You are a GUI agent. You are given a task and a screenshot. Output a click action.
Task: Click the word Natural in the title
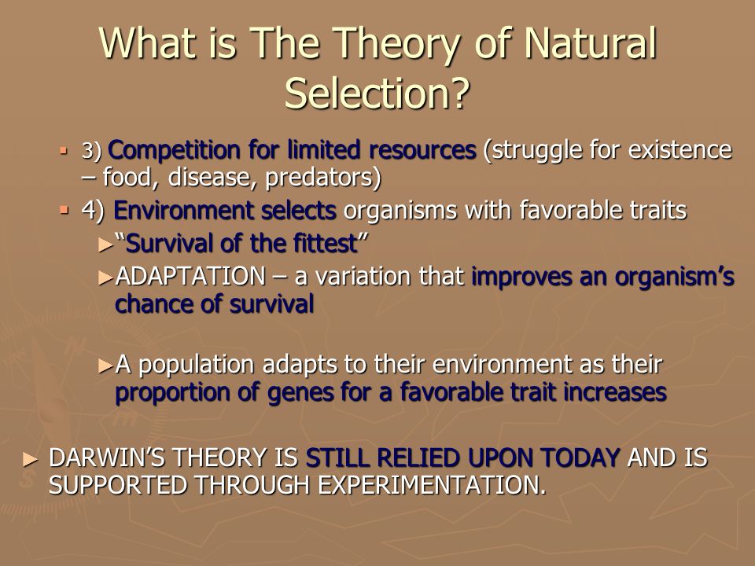coord(591,42)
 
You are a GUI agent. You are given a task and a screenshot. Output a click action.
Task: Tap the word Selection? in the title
coord(377,93)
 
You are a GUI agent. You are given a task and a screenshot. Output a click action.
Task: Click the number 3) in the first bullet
coord(91,151)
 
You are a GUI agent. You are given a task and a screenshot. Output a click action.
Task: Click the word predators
coord(323,178)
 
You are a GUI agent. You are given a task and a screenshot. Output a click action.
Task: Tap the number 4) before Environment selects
coord(93,211)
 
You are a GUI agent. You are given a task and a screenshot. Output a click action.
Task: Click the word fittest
coord(331,243)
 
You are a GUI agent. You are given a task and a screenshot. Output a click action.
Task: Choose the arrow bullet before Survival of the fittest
coord(105,245)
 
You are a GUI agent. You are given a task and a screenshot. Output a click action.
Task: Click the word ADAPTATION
coord(190,276)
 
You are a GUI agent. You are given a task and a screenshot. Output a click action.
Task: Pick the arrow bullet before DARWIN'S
coord(30,459)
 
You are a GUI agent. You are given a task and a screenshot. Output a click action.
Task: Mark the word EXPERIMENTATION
coord(432,485)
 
